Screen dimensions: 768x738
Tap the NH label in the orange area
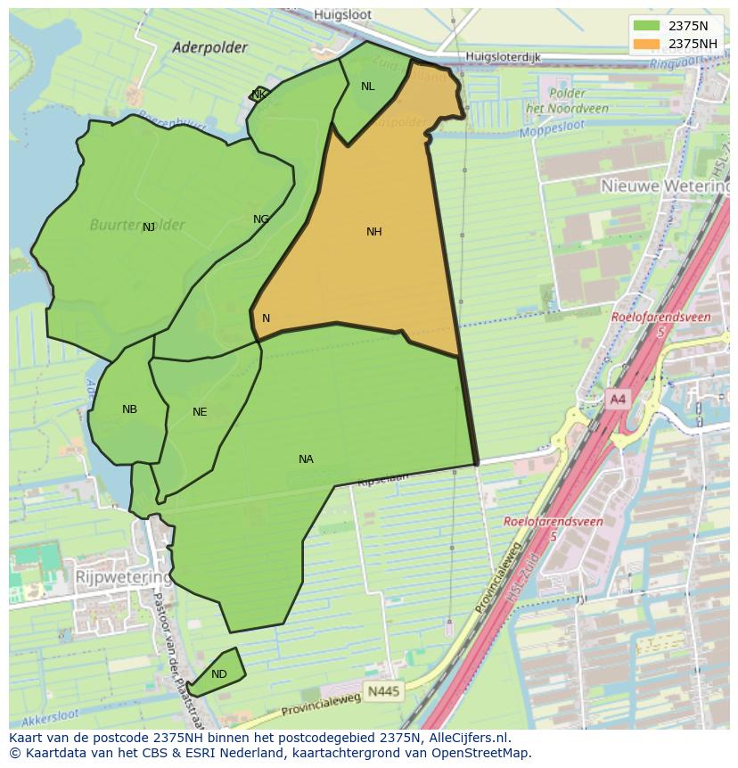(x=374, y=232)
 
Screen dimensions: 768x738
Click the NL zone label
(x=368, y=87)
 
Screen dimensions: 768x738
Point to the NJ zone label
(x=149, y=227)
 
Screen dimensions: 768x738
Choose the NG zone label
(x=261, y=219)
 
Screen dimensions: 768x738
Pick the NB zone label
(x=130, y=409)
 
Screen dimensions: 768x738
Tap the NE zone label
(x=200, y=412)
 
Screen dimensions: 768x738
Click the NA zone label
(x=306, y=459)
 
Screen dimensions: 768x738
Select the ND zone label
(x=219, y=674)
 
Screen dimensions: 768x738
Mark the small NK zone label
(x=258, y=95)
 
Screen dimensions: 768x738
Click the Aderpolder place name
(x=209, y=48)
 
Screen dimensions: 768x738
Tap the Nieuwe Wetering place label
(x=664, y=186)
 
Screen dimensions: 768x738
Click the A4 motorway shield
(x=618, y=400)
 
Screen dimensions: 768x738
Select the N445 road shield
(x=384, y=691)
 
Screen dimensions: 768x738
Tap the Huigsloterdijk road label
(x=504, y=57)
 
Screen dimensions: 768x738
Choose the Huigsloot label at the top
(x=343, y=15)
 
